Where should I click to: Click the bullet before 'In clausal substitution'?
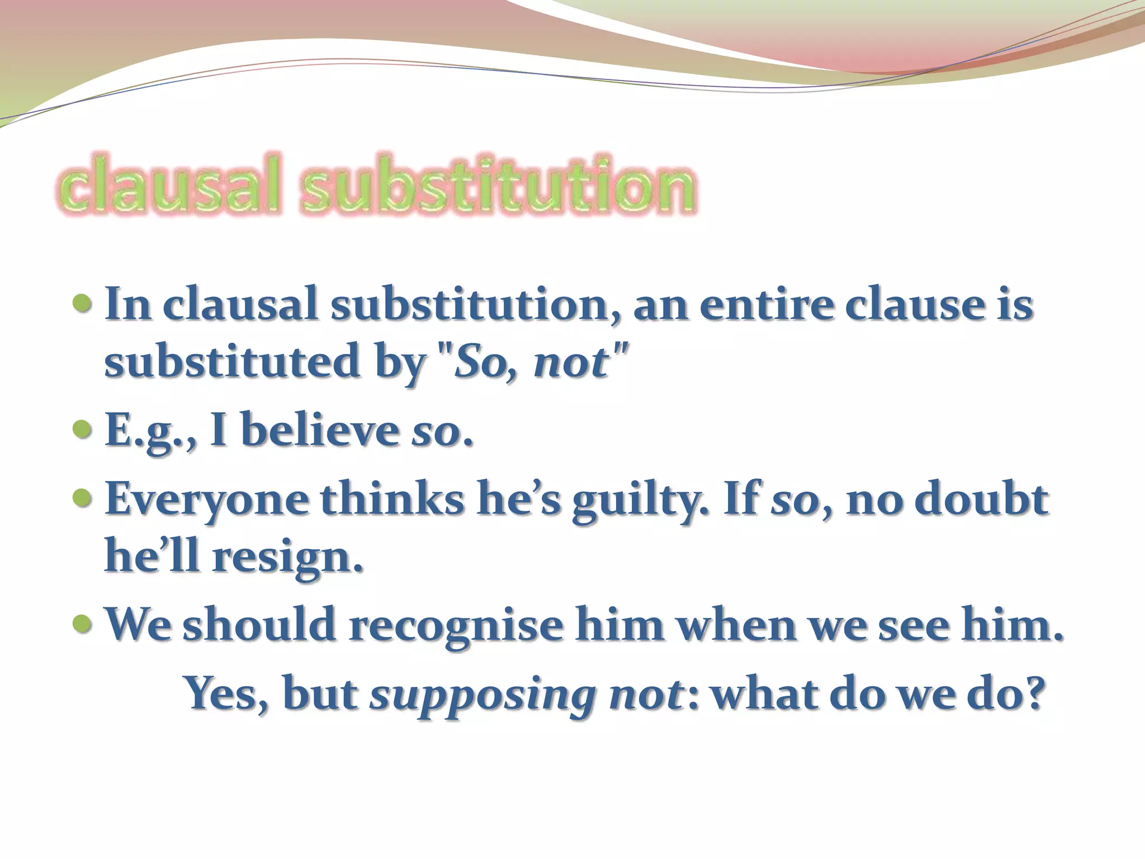point(82,304)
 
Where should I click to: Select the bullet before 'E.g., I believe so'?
point(82,430)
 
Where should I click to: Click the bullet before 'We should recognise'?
point(82,621)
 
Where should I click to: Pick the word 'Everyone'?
point(207,499)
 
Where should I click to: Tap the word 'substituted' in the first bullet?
point(232,362)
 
